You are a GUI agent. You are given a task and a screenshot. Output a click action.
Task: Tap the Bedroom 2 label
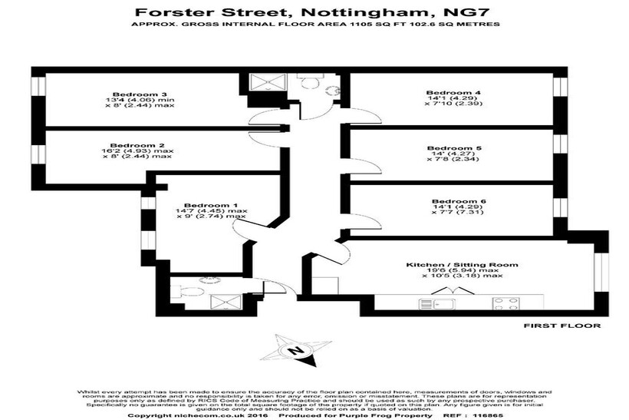click(x=127, y=144)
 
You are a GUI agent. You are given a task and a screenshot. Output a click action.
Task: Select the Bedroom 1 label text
click(x=206, y=204)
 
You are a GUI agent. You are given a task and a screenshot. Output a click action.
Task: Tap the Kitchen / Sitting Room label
click(x=462, y=264)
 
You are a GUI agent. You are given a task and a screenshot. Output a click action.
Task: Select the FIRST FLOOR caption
click(x=561, y=326)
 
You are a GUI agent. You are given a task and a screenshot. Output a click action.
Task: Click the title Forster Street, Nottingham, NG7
click(x=314, y=12)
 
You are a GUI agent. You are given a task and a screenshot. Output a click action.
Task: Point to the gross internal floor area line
click(x=314, y=25)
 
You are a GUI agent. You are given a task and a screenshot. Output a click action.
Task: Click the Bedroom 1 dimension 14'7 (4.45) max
click(x=212, y=210)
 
